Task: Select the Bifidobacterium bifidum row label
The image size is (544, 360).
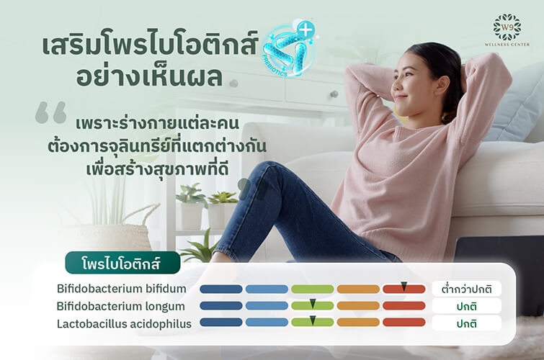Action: coord(122,289)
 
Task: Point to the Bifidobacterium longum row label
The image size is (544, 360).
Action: coord(120,305)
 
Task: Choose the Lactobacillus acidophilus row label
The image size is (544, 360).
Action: coord(124,323)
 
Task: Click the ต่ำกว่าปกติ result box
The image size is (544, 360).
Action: coord(466,289)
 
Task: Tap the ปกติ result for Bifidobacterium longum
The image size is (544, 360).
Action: coord(466,306)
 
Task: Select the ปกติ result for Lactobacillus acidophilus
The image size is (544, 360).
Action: coord(466,323)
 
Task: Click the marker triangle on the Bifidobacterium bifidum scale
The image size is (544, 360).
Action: coord(404,287)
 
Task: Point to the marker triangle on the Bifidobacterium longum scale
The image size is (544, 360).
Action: coord(313,303)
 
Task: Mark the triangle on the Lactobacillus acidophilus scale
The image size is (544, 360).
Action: coord(313,320)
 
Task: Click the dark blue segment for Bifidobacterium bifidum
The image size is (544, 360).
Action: coord(220,289)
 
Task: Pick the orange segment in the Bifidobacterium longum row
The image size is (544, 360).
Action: coord(358,306)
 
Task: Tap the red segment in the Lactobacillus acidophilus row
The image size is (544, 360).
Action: coord(404,323)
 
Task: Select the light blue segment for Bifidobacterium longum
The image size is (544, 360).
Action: coord(267,306)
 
